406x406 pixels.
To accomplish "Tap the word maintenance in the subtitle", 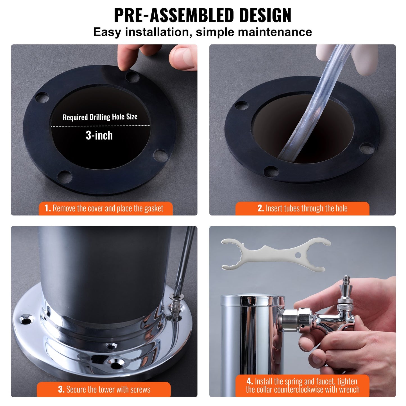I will (275, 32).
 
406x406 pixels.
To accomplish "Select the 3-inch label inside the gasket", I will (99, 135).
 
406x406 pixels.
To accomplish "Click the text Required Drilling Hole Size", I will (100, 117).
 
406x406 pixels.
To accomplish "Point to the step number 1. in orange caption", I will (48, 208).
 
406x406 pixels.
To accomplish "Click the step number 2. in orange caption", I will (260, 208).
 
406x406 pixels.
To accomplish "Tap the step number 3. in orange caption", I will (61, 389).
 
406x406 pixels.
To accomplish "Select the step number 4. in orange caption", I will (250, 381).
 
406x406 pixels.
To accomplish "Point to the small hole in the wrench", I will (298, 255).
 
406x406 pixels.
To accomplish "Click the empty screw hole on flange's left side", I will (26, 320).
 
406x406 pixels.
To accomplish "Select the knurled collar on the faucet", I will (345, 301).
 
